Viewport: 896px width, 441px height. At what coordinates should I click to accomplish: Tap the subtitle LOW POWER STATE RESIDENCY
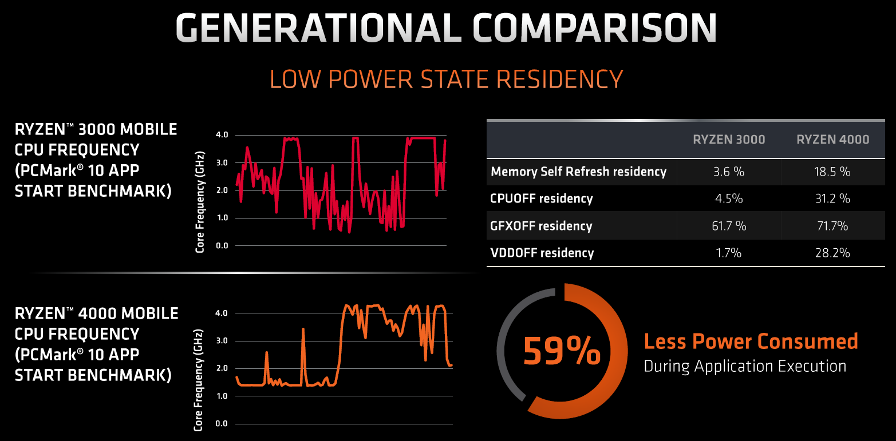tap(446, 79)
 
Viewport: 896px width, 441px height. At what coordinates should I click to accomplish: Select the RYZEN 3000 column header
tap(729, 140)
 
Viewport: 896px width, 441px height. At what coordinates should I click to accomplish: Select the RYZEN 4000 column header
tap(832, 140)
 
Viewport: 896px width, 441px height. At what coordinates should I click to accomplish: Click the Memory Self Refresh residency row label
tap(578, 172)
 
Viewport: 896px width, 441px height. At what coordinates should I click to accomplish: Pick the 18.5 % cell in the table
tap(832, 172)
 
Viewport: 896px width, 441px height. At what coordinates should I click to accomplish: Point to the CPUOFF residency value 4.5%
tap(729, 199)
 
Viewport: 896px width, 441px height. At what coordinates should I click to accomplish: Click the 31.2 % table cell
tap(832, 199)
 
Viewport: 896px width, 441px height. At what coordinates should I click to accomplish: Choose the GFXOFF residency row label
tap(541, 226)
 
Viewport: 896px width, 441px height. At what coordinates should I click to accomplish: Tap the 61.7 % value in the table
tap(729, 226)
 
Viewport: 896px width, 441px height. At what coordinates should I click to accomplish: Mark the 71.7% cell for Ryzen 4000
tap(832, 226)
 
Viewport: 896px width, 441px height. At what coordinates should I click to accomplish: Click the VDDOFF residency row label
tap(542, 253)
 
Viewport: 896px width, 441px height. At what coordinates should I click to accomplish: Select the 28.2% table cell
tap(832, 253)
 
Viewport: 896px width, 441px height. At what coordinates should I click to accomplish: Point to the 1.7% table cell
tap(729, 253)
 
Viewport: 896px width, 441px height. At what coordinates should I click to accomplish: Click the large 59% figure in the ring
tap(562, 351)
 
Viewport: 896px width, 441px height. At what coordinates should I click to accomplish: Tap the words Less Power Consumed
tap(751, 341)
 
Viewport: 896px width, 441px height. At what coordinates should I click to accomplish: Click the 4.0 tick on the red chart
tap(222, 135)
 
